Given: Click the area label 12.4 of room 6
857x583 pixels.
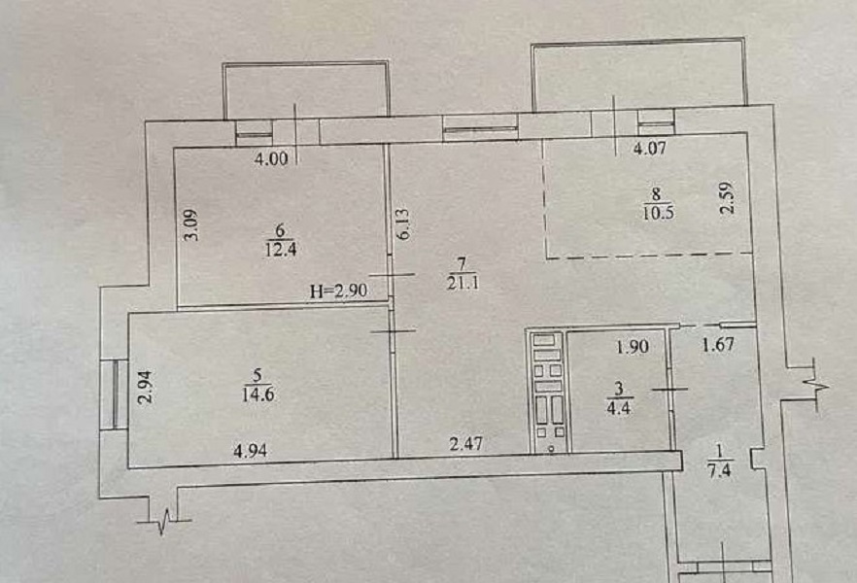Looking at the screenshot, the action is [x=281, y=250].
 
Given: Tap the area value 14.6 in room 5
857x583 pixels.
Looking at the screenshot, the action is [x=258, y=394].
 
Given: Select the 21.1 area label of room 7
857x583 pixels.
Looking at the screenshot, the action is [x=463, y=283].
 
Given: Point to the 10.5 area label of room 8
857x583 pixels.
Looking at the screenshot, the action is [x=658, y=213].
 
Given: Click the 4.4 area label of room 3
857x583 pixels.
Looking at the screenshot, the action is [x=619, y=407].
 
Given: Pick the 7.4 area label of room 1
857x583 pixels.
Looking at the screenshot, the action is [x=719, y=470].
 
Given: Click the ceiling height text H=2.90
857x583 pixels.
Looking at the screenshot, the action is [x=338, y=291].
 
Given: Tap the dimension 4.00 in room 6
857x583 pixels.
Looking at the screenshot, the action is [x=271, y=158].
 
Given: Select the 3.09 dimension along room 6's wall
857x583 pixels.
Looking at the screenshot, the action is [x=190, y=225].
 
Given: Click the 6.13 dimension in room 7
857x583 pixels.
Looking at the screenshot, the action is [x=404, y=224].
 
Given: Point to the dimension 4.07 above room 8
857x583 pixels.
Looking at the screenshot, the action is [x=649, y=148].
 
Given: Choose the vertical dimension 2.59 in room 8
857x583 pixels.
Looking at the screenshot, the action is [x=727, y=198].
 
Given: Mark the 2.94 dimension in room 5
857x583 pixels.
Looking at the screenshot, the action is [x=145, y=388].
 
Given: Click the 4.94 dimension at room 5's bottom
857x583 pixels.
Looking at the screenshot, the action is [x=250, y=451].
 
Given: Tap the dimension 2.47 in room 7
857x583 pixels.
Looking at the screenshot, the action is [x=466, y=443].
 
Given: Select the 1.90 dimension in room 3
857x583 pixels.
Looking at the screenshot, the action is [x=633, y=347].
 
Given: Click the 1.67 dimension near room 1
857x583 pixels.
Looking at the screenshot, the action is [x=718, y=345].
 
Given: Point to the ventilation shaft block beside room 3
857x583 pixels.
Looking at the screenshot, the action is [x=547, y=392].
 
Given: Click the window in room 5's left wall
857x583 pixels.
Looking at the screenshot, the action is [x=114, y=394].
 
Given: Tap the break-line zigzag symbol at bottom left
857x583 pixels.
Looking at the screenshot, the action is [x=164, y=521].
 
